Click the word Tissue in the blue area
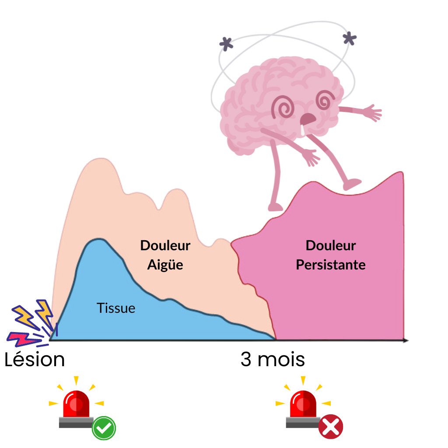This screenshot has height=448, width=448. (116, 308)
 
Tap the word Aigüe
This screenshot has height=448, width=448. (165, 265)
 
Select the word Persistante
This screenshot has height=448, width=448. (331, 265)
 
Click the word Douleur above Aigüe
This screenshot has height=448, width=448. (165, 245)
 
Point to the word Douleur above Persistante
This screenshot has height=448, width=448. (331, 245)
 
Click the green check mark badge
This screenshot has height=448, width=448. (104, 428)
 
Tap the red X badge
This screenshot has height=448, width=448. (331, 427)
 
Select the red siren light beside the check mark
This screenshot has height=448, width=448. (76, 405)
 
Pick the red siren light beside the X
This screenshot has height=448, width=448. (303, 405)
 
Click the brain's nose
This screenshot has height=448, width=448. (308, 119)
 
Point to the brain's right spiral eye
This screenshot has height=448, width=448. (325, 100)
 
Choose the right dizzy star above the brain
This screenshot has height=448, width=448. (350, 38)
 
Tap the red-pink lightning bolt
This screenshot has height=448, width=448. (22, 339)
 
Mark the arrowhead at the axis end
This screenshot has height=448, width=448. (406, 340)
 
